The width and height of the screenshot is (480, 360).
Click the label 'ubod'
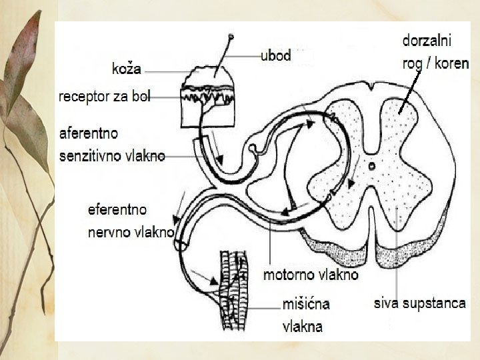(275, 56)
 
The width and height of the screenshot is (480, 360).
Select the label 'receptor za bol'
(105, 97)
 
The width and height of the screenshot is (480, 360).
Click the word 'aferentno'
(89, 133)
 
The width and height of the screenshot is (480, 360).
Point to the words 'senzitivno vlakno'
(112, 157)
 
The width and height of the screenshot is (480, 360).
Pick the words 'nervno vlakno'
(131, 233)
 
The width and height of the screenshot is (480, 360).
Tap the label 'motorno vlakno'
(311, 275)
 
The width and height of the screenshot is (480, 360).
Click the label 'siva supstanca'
(419, 303)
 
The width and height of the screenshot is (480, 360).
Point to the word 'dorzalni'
(427, 40)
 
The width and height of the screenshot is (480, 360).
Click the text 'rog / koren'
(435, 63)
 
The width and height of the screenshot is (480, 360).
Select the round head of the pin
(232, 36)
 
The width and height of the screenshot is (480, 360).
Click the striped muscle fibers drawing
(232, 290)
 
